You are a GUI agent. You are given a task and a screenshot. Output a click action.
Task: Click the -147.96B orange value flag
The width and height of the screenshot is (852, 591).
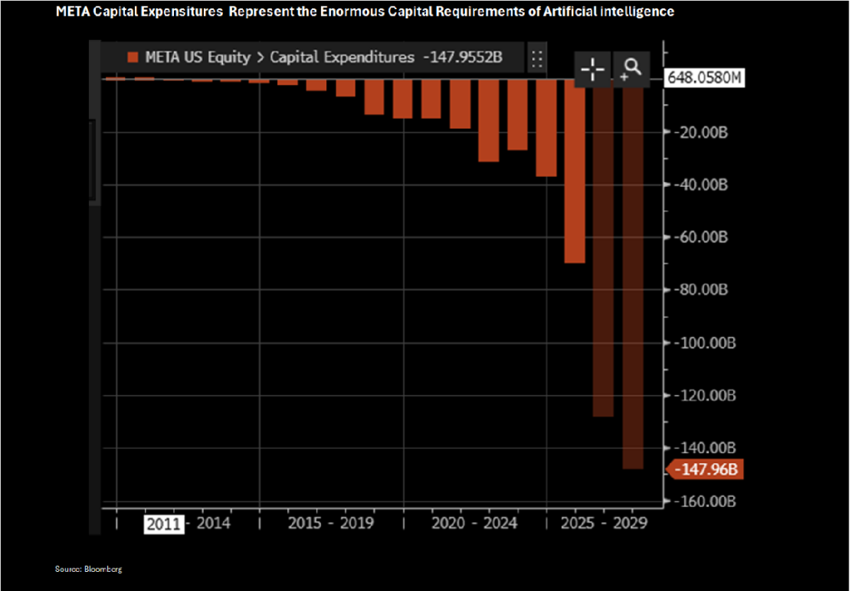coord(706,470)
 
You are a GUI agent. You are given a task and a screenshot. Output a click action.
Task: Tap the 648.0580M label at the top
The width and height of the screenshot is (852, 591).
coord(704,79)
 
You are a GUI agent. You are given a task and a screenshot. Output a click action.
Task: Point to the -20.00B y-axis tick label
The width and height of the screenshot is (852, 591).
coord(700,131)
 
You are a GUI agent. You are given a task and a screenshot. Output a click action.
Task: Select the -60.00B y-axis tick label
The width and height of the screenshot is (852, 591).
coord(700,237)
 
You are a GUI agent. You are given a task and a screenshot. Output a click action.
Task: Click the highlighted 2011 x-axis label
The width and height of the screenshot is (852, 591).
coord(163,524)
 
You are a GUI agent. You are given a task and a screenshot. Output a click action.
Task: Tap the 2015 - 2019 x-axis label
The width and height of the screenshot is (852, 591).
coord(330,524)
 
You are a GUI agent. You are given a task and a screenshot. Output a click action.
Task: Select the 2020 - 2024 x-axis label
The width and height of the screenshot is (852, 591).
coord(474,524)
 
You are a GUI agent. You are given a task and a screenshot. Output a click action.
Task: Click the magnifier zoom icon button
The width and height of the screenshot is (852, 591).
coord(631,67)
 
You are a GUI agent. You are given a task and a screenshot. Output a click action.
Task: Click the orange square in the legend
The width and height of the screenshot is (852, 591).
coord(131,57)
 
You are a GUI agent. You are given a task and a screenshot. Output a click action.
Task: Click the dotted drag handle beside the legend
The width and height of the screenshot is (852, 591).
coord(537,58)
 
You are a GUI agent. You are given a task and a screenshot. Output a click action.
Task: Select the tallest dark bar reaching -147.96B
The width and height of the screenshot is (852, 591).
coord(632,274)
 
